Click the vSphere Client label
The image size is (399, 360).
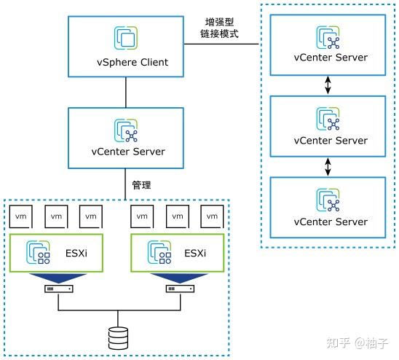(127, 62)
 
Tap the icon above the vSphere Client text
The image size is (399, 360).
(127, 39)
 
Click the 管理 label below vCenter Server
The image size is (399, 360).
(141, 185)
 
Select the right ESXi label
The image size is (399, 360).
(194, 254)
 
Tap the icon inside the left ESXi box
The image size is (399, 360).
(38, 252)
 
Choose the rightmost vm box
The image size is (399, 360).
(213, 216)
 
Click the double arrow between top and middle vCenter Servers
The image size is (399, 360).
(328, 85)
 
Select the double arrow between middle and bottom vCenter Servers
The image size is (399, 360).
(328, 168)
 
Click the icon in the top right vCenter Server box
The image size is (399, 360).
(327, 36)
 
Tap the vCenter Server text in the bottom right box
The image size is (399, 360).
(331, 222)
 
